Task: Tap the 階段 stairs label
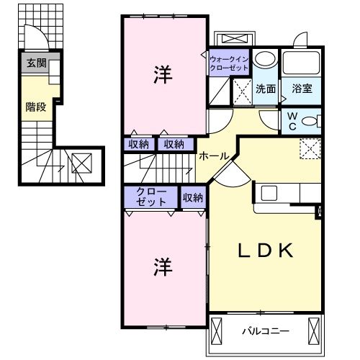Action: pos(35,106)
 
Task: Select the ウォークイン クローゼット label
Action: pos(229,62)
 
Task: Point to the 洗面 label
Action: pos(265,89)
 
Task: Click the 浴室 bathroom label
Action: pos(302,89)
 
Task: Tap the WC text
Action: pos(294,120)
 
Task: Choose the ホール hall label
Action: pos(214,156)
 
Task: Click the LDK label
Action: pos(266,251)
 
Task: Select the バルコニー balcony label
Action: pos(264,332)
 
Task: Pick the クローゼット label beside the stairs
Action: pos(150,197)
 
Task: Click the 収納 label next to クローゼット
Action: pos(192,197)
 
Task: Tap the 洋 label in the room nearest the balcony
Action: pos(162,266)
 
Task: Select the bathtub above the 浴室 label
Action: pos(301,62)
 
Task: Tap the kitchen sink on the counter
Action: pos(269,193)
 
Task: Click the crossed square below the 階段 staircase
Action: pos(81,164)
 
